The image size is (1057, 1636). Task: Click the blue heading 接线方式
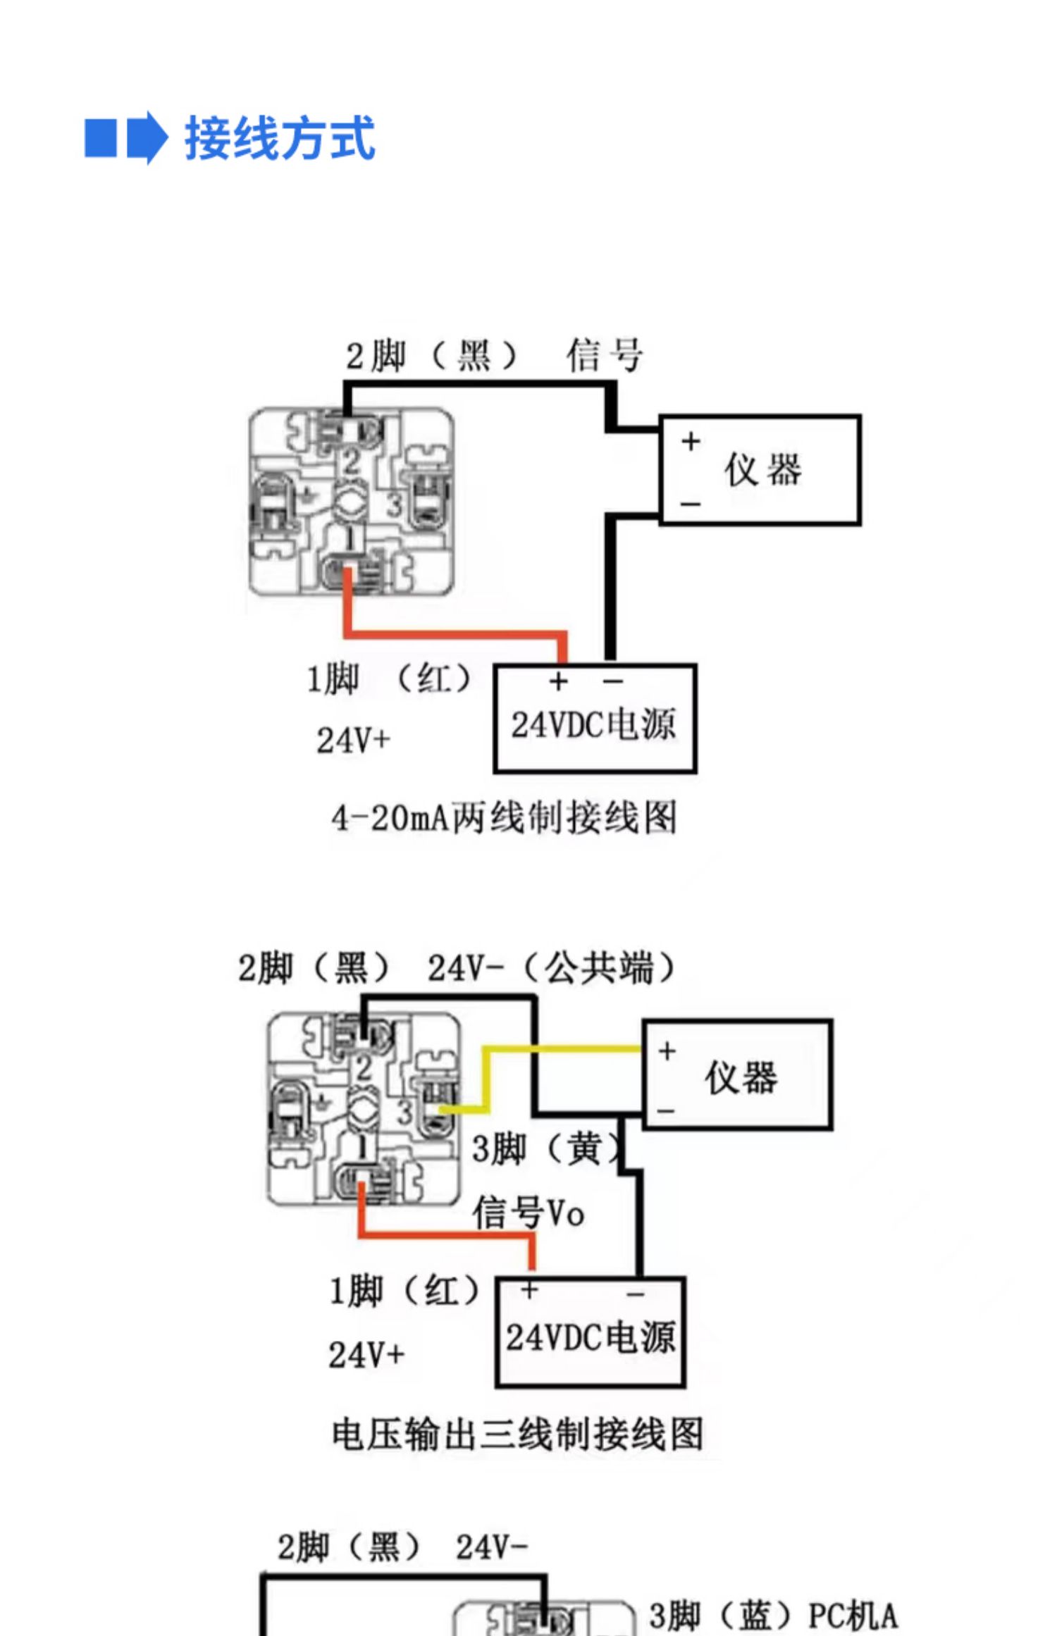tap(280, 138)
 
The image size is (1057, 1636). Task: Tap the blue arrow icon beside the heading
tap(147, 137)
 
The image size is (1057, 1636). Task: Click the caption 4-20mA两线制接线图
tap(504, 818)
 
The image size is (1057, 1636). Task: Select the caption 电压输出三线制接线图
tap(518, 1434)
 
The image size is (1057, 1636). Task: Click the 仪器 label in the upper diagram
tap(764, 470)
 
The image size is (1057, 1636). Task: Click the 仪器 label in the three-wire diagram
tap(741, 1077)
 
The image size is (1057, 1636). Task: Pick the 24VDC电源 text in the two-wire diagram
tap(593, 724)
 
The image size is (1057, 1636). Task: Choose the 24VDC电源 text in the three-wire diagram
tap(591, 1337)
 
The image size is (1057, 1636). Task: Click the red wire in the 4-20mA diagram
tap(455, 634)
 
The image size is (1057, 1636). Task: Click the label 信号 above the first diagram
tap(605, 354)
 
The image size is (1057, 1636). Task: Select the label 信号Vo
tap(528, 1213)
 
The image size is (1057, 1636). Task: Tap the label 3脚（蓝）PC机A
tap(773, 1616)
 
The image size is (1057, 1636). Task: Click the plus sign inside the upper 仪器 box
tap(691, 442)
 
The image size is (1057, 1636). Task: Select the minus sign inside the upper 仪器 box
tap(691, 504)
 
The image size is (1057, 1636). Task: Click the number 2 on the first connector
tap(351, 462)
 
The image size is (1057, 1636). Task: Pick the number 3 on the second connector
tap(404, 1113)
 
